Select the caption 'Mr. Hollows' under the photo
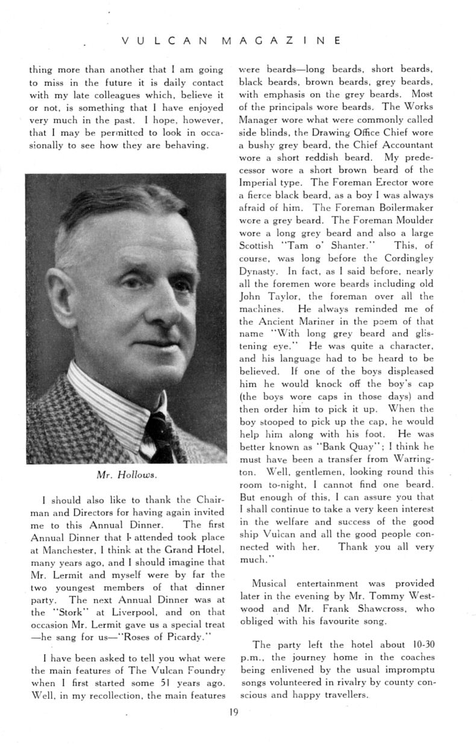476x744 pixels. [x=127, y=474]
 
